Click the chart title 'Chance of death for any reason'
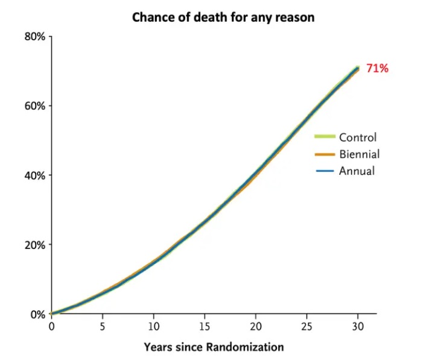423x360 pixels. point(223,17)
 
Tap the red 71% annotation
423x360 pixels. point(377,69)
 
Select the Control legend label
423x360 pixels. point(357,137)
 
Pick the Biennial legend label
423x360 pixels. point(359,154)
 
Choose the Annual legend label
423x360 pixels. point(357,171)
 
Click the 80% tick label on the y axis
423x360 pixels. point(35,37)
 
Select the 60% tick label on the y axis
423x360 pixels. point(35,106)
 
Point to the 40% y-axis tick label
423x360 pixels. point(35,175)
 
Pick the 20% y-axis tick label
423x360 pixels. point(35,245)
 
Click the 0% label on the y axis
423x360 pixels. point(37,314)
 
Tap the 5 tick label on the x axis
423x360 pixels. point(103,326)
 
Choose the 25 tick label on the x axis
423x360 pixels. point(307,326)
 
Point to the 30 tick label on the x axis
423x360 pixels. point(358,326)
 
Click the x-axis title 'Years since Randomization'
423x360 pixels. point(214,347)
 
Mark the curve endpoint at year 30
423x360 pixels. point(358,68)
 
